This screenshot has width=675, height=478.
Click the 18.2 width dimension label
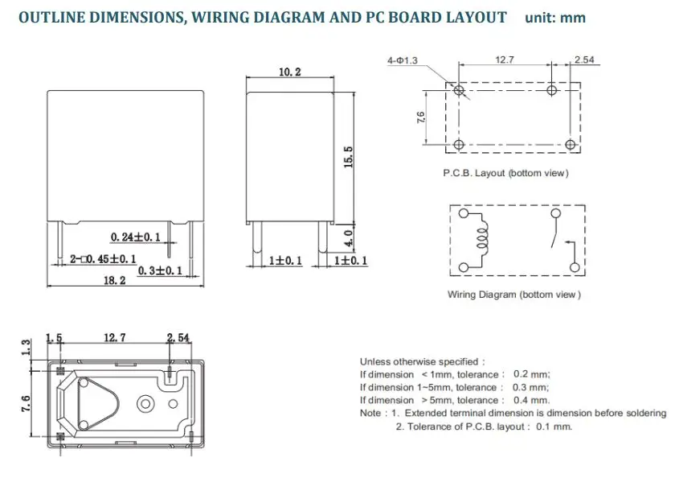[114, 281]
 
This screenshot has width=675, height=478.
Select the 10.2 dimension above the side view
[290, 72]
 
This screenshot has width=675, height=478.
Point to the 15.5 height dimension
[348, 157]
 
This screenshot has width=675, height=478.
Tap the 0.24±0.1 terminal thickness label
[135, 237]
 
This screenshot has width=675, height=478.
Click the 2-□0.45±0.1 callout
[103, 259]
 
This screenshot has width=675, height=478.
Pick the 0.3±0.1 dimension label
[160, 270]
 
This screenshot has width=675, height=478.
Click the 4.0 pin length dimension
[349, 237]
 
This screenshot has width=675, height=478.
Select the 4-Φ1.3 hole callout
[403, 60]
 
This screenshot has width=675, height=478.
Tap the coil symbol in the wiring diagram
[483, 240]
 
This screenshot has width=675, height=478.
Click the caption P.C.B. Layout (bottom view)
[505, 173]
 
